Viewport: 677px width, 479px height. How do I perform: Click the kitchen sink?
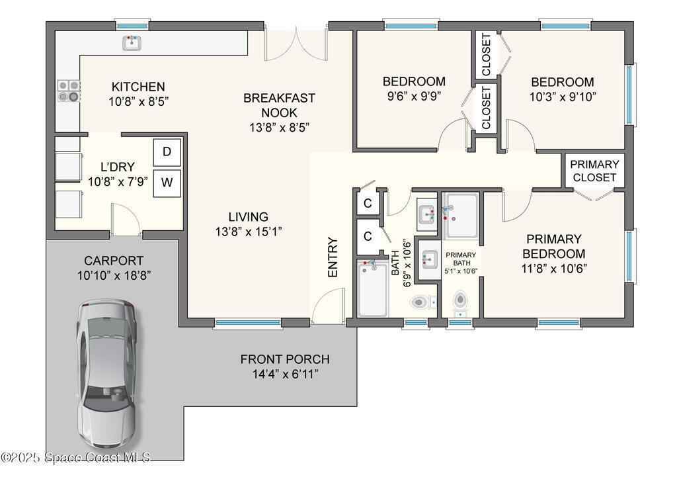[132, 43]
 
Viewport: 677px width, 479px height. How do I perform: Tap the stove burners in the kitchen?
[69, 91]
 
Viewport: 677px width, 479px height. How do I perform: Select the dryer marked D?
[167, 152]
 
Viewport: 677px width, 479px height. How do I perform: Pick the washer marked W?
[167, 183]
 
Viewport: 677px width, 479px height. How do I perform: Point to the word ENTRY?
[333, 257]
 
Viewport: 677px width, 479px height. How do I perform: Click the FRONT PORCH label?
[285, 359]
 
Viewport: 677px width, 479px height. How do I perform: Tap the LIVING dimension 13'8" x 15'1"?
[249, 232]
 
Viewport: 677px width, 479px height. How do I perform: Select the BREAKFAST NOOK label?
[279, 105]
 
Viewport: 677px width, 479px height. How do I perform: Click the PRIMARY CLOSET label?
[594, 171]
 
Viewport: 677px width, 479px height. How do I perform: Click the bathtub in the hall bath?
[373, 288]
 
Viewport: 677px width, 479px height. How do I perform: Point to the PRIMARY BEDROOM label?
[554, 246]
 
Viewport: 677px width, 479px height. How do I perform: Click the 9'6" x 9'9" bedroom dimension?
[414, 96]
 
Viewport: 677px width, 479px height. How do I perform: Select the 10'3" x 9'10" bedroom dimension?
[563, 97]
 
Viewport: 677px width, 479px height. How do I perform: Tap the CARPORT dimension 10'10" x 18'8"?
[114, 275]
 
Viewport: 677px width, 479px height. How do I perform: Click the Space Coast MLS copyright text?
[75, 457]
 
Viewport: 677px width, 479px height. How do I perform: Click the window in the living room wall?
[248, 323]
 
